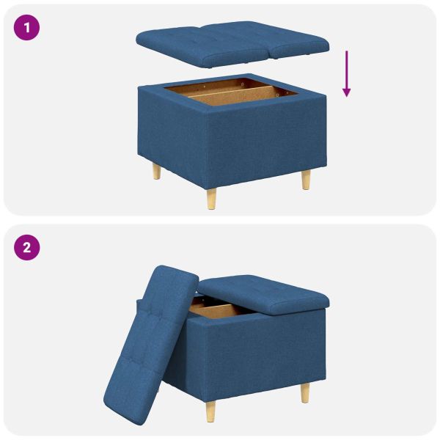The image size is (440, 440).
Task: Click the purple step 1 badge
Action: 27,29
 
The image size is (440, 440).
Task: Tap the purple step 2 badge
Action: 27,247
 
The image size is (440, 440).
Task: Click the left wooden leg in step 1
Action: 156,172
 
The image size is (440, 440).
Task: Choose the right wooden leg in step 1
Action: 305,178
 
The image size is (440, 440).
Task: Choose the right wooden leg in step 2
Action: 304,392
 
